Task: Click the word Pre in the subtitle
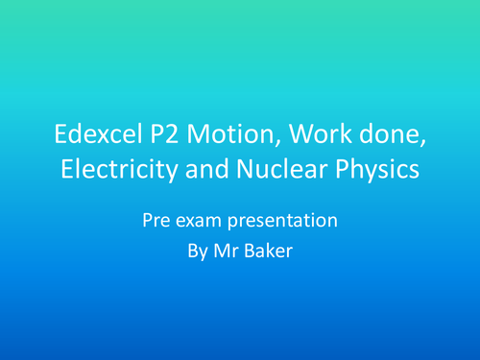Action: coord(156,221)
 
